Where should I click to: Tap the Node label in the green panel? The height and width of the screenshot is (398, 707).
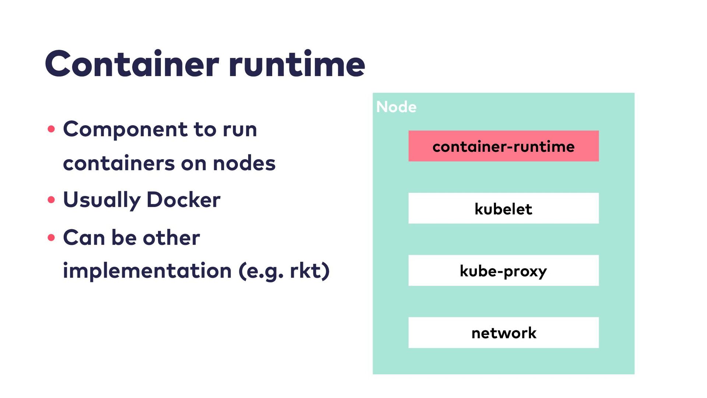[396, 107]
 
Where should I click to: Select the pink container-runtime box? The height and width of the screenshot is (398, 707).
[503, 146]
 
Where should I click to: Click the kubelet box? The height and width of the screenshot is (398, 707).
[503, 208]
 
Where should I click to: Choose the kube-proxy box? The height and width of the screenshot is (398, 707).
[503, 270]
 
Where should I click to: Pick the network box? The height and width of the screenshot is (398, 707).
[503, 332]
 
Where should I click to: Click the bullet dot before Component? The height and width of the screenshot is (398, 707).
[51, 129]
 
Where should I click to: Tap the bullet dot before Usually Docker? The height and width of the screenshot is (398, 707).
[51, 200]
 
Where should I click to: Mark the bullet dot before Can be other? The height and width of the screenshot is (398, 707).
[51, 237]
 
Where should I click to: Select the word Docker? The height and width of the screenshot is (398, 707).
[183, 200]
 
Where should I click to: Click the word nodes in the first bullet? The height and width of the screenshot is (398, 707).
[244, 163]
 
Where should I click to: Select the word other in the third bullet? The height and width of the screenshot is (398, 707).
[171, 237]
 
